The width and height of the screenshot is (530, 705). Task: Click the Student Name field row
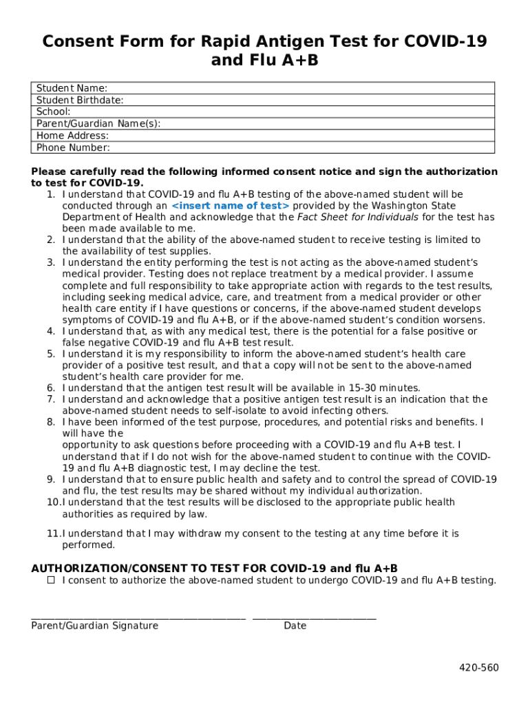coord(263,88)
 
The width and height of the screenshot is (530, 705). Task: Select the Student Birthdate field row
coord(263,100)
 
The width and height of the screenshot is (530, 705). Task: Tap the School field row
coord(263,112)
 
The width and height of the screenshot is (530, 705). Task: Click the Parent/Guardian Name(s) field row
coord(263,124)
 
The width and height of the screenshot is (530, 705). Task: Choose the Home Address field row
coord(263,136)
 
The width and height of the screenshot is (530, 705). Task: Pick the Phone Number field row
coord(263,147)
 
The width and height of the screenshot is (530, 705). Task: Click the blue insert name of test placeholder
coord(230,206)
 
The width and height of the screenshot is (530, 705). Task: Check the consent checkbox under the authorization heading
coord(51,580)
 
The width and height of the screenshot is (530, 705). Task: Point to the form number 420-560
coord(480,668)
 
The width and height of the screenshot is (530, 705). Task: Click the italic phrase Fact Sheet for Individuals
coord(357,218)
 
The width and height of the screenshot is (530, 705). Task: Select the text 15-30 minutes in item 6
coord(384,388)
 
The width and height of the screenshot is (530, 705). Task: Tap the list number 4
coord(51,331)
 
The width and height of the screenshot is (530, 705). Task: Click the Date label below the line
coord(295,626)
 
